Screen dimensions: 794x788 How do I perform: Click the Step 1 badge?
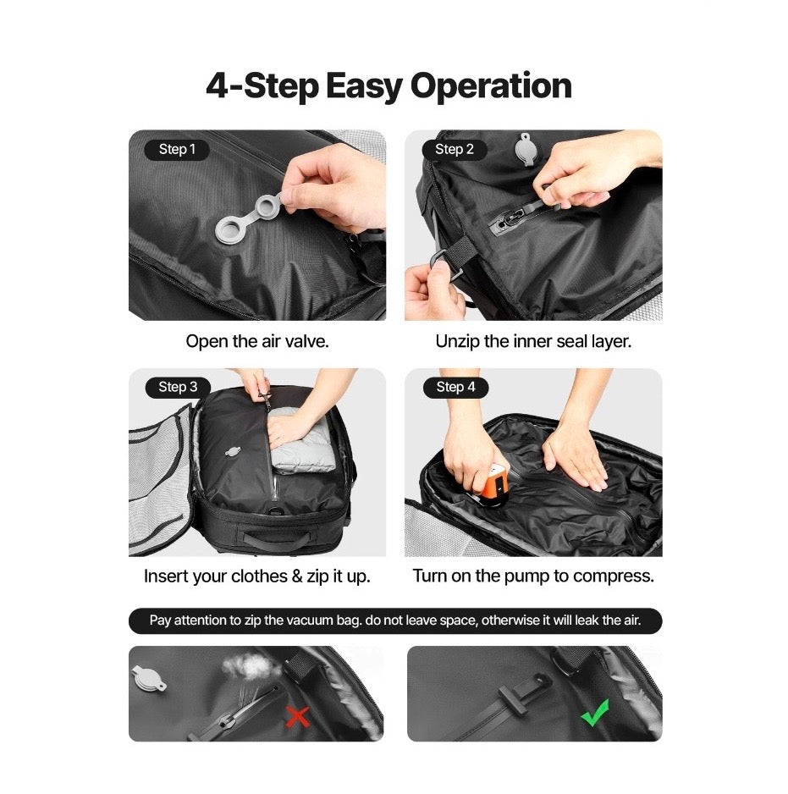click(x=177, y=150)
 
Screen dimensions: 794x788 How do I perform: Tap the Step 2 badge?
click(x=455, y=150)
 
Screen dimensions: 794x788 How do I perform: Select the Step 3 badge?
click(x=178, y=387)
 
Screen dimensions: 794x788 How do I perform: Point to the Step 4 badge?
click(x=455, y=387)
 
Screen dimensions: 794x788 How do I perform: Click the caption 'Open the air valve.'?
click(x=257, y=342)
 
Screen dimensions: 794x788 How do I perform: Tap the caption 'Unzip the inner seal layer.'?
click(x=533, y=342)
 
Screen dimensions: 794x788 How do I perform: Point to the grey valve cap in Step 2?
click(x=526, y=149)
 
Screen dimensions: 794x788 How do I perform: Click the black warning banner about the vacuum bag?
click(x=394, y=620)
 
